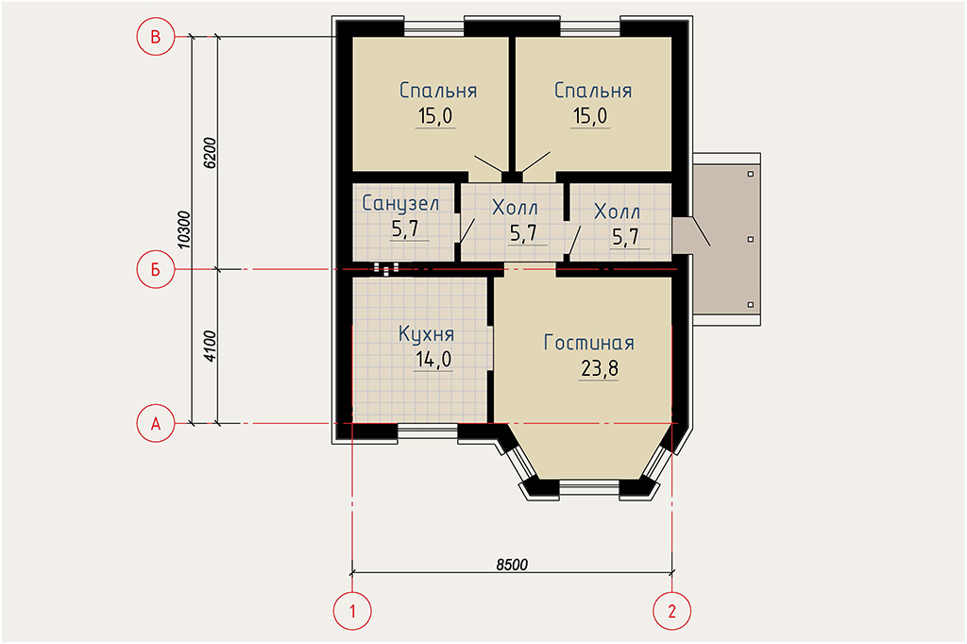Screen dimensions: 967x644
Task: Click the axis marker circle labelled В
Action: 156,37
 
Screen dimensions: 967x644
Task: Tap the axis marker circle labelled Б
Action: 156,269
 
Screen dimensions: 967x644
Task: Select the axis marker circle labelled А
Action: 156,424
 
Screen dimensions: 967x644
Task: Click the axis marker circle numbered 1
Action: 352,611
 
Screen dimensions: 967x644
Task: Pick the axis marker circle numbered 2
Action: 671,611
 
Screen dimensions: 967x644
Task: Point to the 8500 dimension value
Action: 512,565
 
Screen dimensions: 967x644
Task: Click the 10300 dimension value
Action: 184,230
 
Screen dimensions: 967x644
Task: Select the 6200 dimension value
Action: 210,153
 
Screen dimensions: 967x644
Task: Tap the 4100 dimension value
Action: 210,346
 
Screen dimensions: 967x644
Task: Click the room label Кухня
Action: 426,334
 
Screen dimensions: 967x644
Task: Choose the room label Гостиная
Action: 589,343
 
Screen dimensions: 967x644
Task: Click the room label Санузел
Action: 400,204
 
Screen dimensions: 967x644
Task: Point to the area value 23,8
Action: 600,369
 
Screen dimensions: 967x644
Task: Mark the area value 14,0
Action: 433,359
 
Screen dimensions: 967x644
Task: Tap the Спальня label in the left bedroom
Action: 438,91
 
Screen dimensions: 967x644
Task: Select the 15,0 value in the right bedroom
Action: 590,116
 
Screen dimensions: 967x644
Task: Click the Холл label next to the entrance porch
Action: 617,212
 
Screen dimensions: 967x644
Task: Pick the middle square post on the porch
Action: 751,239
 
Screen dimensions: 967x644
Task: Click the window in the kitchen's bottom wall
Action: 428,432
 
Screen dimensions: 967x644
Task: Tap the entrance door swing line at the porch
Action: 701,231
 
